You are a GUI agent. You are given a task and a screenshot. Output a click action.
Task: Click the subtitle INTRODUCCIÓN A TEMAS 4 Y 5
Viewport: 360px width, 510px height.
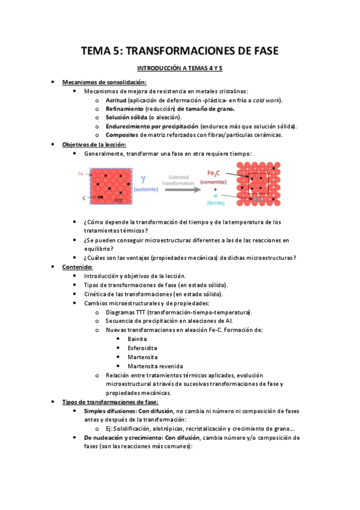(x=180, y=69)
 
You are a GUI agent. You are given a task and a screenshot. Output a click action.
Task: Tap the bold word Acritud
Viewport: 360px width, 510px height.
(x=116, y=100)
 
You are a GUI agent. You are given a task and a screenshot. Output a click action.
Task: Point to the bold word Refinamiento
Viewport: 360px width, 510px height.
(x=124, y=109)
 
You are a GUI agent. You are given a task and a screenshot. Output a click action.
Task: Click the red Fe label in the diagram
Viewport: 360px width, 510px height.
(x=81, y=174)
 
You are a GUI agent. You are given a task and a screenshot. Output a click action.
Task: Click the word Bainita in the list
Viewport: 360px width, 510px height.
(x=137, y=339)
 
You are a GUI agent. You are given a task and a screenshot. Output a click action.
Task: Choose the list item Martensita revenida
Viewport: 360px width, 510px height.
(x=155, y=366)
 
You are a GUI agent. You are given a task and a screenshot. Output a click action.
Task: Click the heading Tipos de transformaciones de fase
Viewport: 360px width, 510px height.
(x=110, y=401)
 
